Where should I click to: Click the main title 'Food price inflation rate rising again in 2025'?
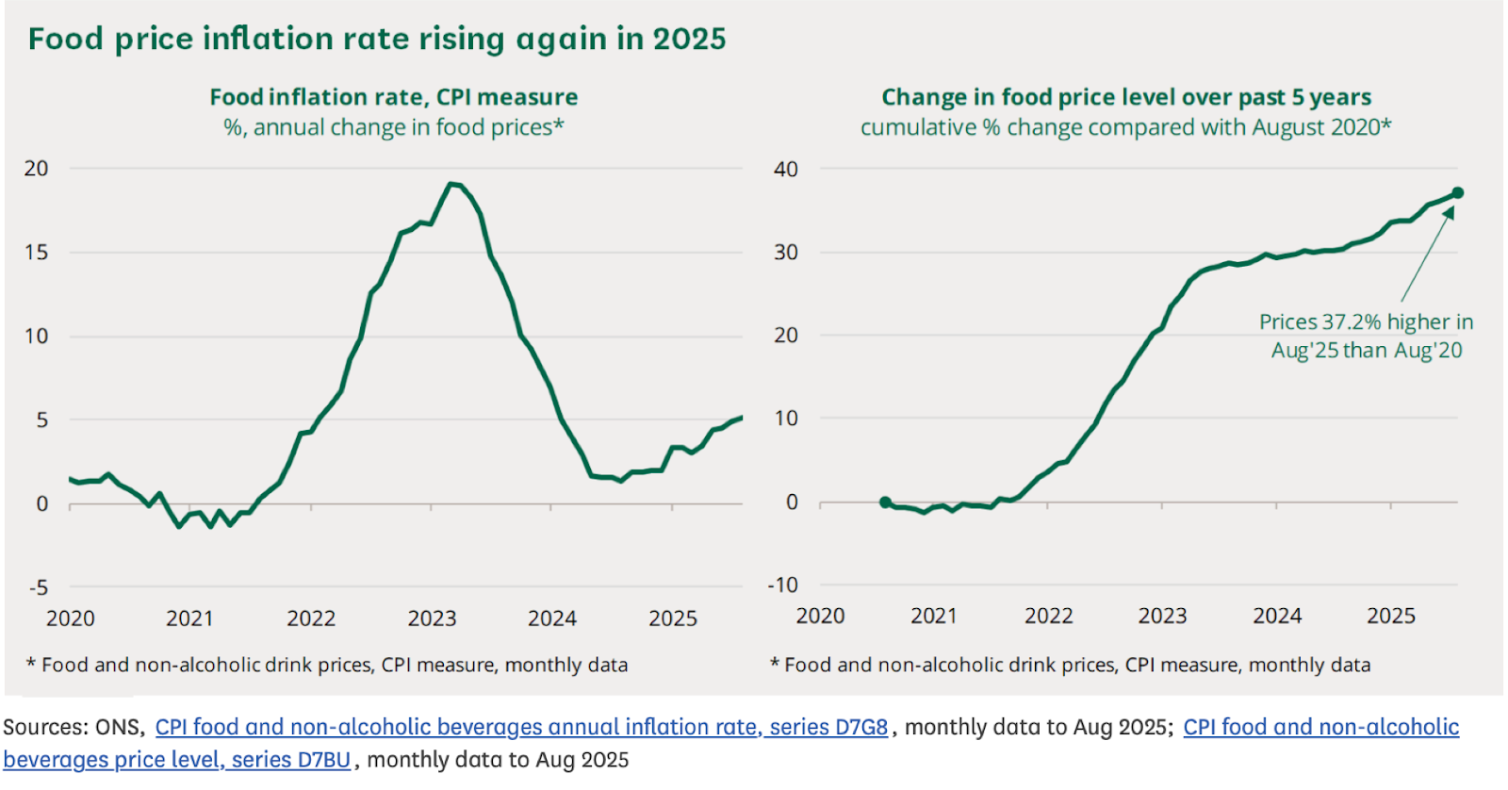[x=377, y=39]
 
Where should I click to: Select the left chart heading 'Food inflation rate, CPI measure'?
[x=393, y=97]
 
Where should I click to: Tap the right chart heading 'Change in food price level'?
[x=1125, y=97]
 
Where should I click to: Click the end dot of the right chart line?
[x=1457, y=193]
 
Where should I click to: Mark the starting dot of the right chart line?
[x=885, y=502]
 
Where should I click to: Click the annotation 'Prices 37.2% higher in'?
[x=1366, y=322]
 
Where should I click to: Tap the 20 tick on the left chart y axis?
[x=36, y=169]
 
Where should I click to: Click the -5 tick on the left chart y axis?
[x=38, y=588]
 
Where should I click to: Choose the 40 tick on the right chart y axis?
[x=785, y=170]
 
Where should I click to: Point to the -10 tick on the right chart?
[x=782, y=585]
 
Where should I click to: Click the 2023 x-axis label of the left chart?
[x=432, y=618]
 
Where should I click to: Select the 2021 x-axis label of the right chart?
[x=934, y=617]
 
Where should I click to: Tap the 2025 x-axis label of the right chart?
[x=1391, y=617]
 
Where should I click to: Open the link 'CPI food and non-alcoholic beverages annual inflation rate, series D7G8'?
[x=521, y=727]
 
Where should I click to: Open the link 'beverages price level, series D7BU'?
[x=176, y=760]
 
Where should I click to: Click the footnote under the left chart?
[x=327, y=665]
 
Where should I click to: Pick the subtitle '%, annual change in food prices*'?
[x=393, y=127]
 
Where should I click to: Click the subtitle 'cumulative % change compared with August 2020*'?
[x=1125, y=127]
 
